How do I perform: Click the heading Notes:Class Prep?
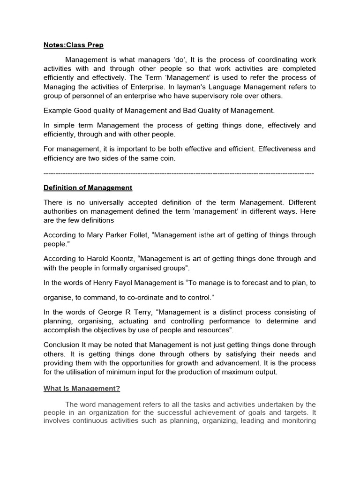click(74, 45)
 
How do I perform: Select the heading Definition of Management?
click(88, 187)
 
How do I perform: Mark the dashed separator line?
click(179, 173)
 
